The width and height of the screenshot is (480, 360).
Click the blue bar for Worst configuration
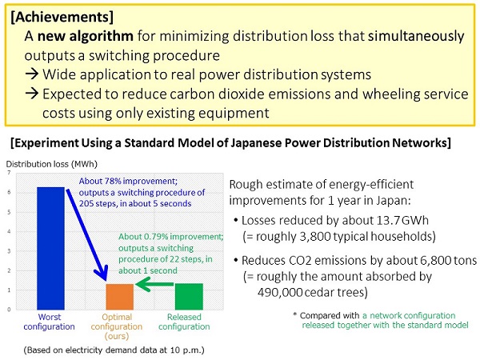click(50, 248)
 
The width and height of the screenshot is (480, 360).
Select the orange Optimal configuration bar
click(120, 297)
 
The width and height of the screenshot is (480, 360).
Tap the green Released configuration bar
click(189, 296)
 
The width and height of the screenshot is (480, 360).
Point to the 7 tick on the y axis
click(9, 173)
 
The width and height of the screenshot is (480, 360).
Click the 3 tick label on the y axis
click(9, 251)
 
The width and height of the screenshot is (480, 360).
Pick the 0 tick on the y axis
click(9, 310)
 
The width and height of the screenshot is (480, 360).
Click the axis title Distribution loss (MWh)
click(52, 164)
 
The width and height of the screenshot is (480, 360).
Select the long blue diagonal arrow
click(87, 235)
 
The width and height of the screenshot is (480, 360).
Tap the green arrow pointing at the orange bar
click(154, 284)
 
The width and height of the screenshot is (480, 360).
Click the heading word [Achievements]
click(62, 17)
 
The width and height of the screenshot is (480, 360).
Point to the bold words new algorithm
click(85, 36)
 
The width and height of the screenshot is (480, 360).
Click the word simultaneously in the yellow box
click(416, 36)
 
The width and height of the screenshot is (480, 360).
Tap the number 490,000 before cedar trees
click(280, 292)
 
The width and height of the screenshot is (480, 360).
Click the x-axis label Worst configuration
click(50, 322)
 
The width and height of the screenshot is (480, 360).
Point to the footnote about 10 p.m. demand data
click(114, 350)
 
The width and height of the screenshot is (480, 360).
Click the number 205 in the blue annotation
click(86, 203)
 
